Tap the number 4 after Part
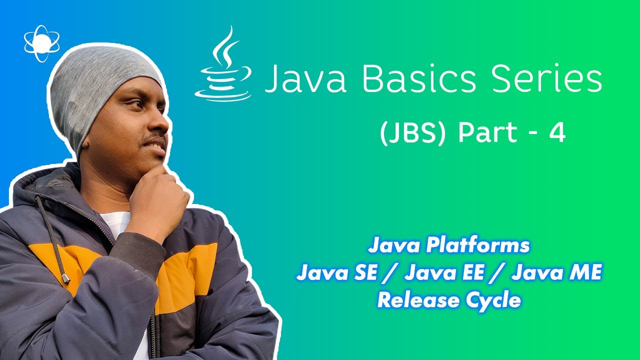(556, 134)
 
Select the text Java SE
(334, 273)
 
